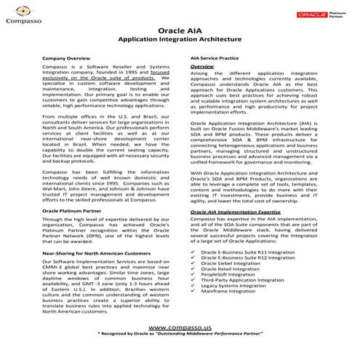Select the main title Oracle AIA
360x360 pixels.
tap(180, 33)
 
